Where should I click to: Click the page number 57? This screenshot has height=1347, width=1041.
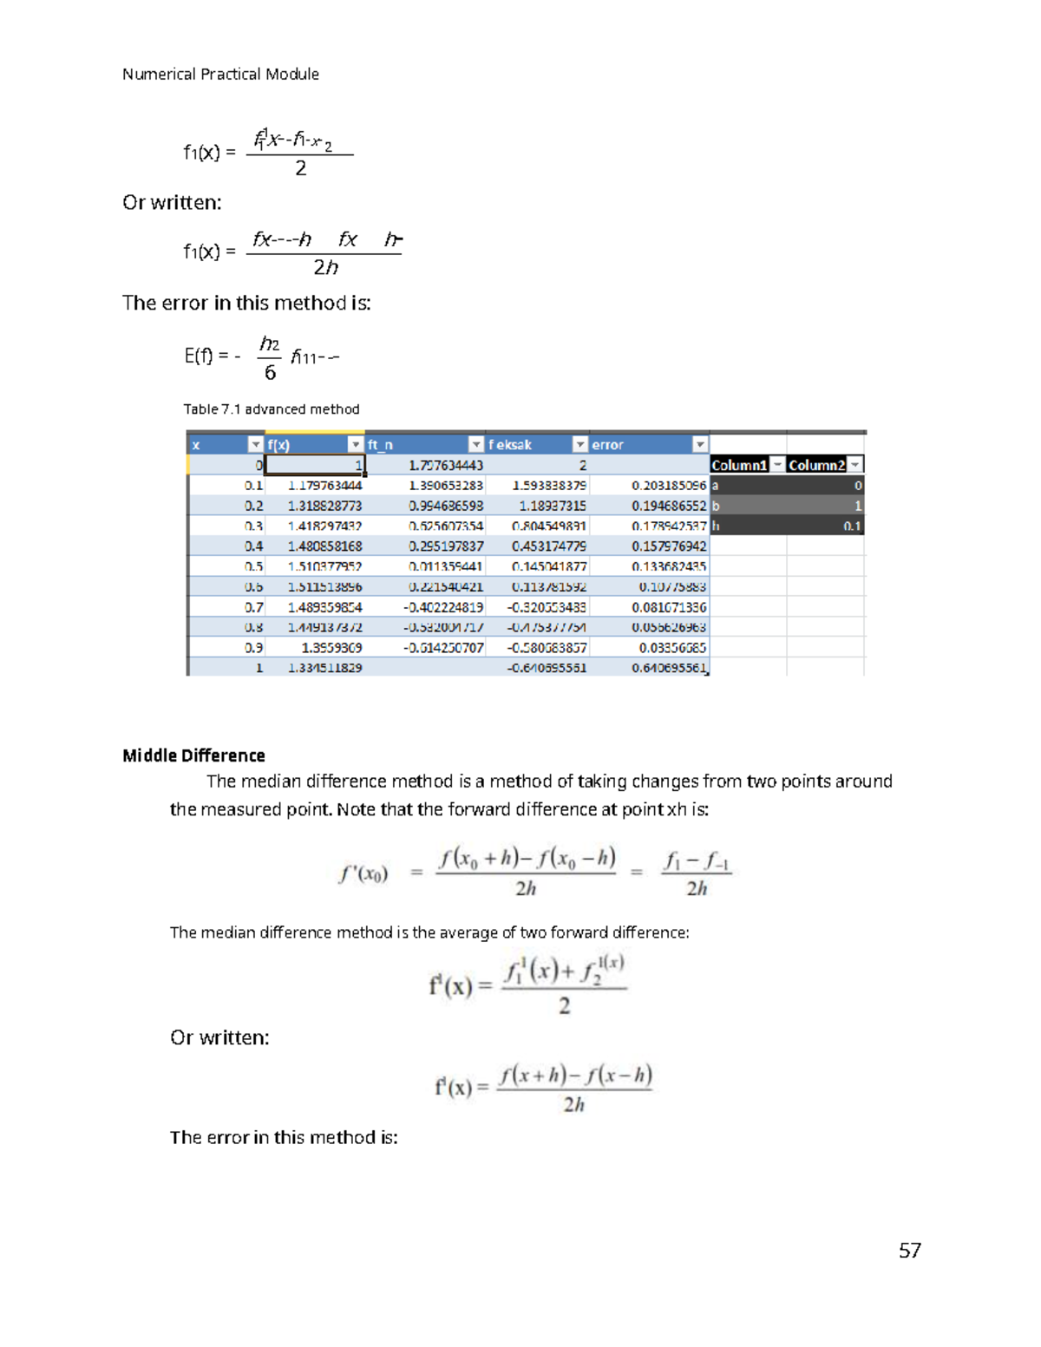909,1250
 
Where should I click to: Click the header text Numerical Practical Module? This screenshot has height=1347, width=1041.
220,75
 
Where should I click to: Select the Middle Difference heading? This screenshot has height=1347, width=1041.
193,755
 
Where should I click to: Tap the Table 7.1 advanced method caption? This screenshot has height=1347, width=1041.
271,409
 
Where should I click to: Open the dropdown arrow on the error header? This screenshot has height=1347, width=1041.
699,445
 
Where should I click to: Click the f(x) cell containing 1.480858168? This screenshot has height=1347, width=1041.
324,546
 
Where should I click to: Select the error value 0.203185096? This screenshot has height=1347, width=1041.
668,486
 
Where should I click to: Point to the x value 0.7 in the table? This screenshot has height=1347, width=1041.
253,607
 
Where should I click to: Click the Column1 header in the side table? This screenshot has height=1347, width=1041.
739,466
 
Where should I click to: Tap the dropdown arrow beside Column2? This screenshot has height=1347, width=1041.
854,466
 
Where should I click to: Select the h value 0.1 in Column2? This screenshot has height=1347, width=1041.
852,526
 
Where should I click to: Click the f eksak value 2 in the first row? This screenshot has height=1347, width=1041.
582,466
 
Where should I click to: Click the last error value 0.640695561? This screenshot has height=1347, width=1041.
668,668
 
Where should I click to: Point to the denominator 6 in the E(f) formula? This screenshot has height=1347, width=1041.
270,373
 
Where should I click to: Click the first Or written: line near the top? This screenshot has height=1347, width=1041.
172,203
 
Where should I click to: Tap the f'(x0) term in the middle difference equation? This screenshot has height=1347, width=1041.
363,873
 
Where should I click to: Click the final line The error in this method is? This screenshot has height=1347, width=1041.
284,1137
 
